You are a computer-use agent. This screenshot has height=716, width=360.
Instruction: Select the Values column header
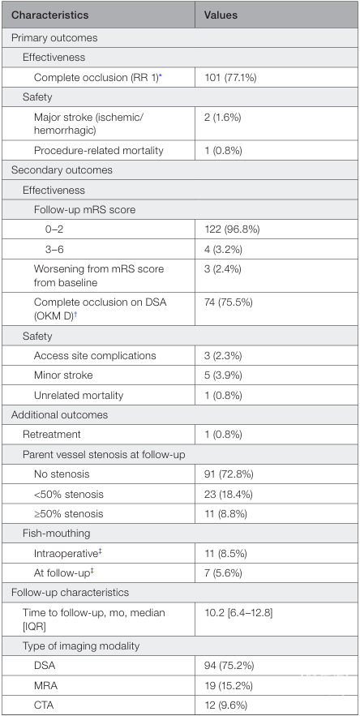[x=221, y=15]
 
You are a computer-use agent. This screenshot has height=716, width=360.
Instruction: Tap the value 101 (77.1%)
[x=230, y=77]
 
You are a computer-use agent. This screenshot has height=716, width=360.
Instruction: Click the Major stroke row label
[x=88, y=124]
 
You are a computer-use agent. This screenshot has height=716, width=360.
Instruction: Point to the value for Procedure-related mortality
[x=223, y=150]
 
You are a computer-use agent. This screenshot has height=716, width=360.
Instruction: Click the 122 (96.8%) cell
[x=232, y=229]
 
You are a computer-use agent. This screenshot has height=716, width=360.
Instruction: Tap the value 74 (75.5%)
[x=228, y=302]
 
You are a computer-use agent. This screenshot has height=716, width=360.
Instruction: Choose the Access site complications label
[x=95, y=355]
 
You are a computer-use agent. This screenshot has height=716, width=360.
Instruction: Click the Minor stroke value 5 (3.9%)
[x=223, y=375]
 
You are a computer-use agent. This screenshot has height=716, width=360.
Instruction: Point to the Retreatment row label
[x=52, y=434]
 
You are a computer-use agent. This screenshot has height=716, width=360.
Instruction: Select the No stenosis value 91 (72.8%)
[x=229, y=474]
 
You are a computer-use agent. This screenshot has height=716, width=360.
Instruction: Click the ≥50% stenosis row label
[x=69, y=513]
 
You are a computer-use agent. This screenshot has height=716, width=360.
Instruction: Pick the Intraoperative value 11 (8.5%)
[x=225, y=554]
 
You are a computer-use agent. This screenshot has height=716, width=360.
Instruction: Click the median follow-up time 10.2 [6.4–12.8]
[x=238, y=612]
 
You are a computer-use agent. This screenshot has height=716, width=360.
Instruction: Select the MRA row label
[x=45, y=685]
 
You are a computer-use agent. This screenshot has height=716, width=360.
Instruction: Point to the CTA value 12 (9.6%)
[x=225, y=705]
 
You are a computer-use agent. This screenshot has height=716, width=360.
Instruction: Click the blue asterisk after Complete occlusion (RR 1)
[x=161, y=75]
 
